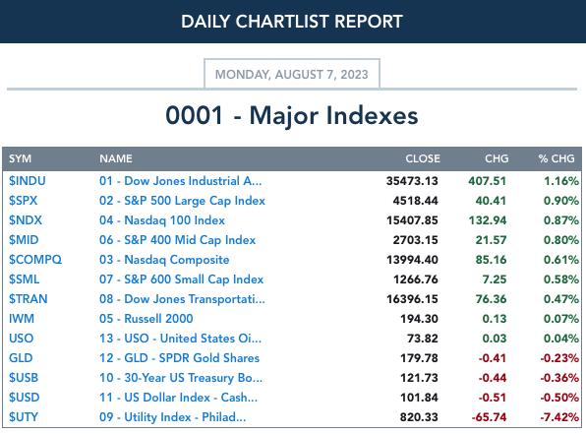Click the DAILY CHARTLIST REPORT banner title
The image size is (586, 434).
(291, 22)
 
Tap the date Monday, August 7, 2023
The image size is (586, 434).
(291, 75)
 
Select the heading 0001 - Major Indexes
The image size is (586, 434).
(291, 115)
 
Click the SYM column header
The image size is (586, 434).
(21, 158)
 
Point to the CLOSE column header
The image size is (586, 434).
(423, 158)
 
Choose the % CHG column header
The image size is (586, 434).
(557, 158)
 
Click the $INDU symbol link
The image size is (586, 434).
(28, 181)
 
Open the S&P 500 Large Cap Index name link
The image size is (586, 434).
(182, 201)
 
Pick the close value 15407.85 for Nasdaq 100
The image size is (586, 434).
(412, 220)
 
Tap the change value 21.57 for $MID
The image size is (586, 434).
(491, 240)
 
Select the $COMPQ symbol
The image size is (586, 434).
(35, 260)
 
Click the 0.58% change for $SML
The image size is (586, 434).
(561, 279)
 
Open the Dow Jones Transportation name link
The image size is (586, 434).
(182, 299)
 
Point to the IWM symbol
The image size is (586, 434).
(22, 319)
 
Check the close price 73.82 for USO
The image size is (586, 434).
(423, 339)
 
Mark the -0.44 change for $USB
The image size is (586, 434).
(493, 378)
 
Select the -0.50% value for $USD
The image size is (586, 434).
(559, 398)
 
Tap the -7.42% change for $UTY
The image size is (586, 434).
(559, 417)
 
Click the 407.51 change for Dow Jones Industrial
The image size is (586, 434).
(488, 181)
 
